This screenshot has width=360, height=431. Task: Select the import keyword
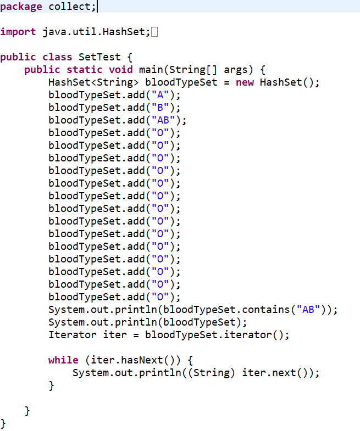[x=18, y=32]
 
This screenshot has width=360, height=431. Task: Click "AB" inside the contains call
[x=306, y=310]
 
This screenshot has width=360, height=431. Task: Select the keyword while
[x=63, y=360]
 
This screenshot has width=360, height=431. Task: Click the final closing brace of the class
[x=3, y=423]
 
